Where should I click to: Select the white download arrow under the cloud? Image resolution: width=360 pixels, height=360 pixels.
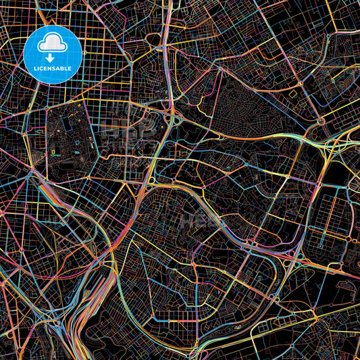52,57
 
